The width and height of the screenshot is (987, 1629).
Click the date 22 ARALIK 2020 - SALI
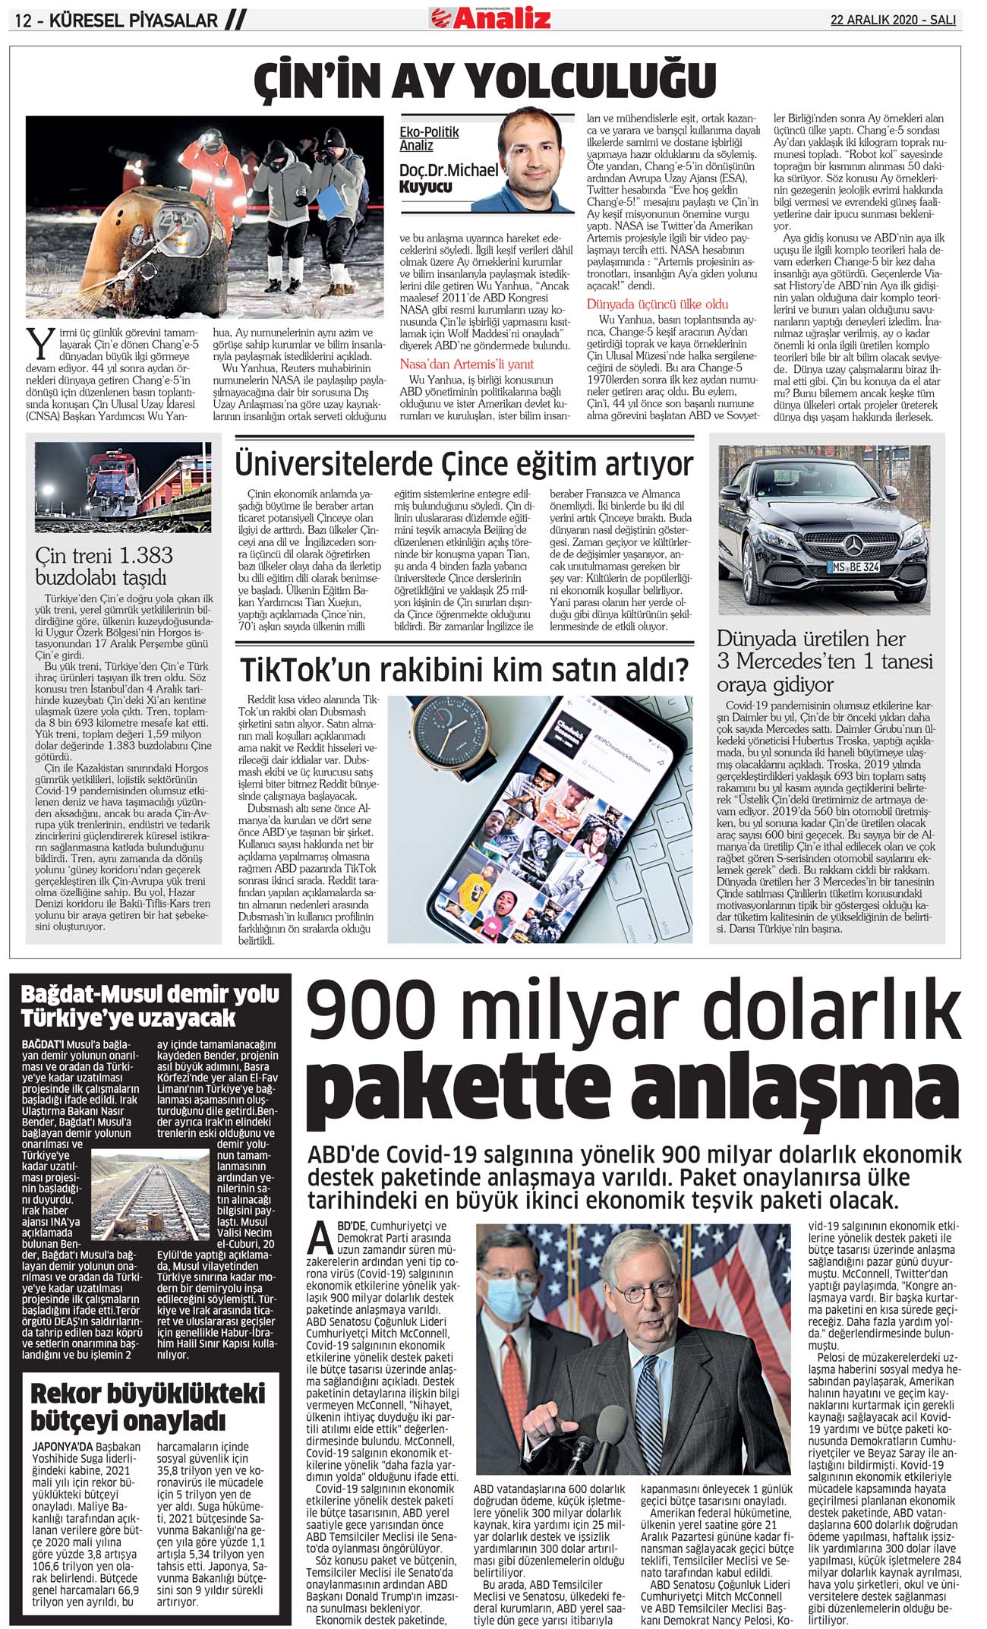click(892, 20)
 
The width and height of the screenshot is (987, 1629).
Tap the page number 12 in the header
click(23, 21)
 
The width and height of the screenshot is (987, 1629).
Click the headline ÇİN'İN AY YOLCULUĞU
click(485, 79)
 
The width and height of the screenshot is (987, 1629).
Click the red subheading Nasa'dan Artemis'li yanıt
click(466, 364)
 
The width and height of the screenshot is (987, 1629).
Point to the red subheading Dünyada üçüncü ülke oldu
click(657, 304)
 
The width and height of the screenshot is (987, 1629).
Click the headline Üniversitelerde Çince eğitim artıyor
click(464, 463)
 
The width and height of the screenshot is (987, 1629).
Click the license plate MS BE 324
click(854, 567)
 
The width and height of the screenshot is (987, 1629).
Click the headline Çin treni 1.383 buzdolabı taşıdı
click(105, 566)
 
